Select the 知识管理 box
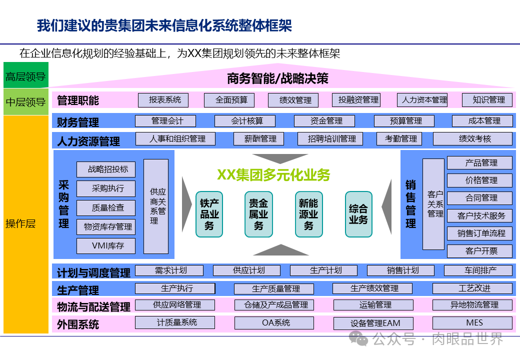point(487,100)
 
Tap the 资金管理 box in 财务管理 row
point(324,121)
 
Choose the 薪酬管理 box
point(258,139)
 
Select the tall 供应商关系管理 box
point(156,206)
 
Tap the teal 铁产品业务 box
point(209,214)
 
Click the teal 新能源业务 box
point(308,214)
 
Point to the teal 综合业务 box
point(358,214)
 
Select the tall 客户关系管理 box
point(433,204)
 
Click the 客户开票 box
point(479,250)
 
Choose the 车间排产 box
point(478,270)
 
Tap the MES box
point(472,323)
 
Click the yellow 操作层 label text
point(20,223)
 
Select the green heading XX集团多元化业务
point(273,174)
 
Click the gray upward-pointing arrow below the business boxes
point(280,249)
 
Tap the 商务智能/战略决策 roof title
point(277,78)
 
